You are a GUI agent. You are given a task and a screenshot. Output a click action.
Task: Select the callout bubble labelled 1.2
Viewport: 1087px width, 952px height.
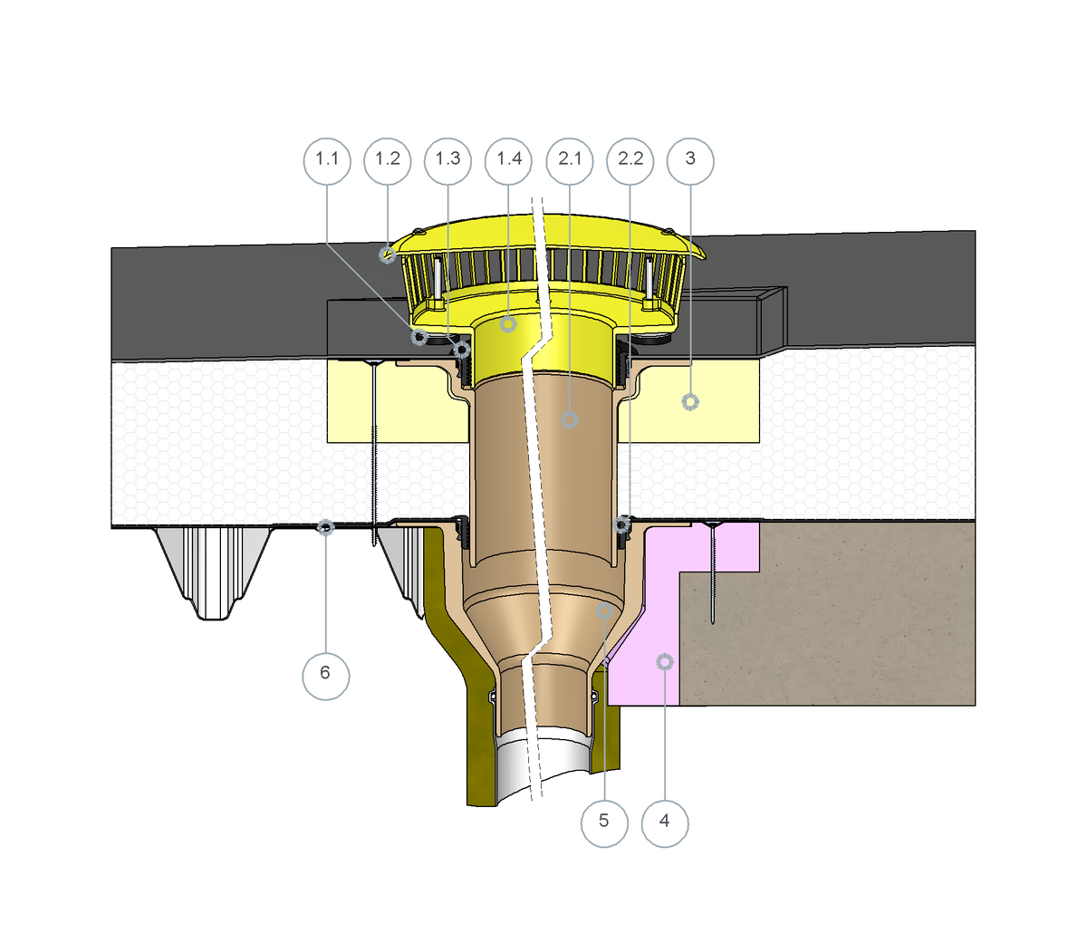[x=388, y=161]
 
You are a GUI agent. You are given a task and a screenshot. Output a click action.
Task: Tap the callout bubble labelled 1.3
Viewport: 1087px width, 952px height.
[x=447, y=161]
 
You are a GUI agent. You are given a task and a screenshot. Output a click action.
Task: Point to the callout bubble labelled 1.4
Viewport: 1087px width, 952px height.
[x=508, y=161]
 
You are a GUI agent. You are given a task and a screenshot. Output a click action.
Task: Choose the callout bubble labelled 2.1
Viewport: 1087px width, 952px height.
[x=570, y=161]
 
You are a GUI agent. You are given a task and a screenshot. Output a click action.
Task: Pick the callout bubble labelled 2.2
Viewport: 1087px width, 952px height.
[x=630, y=161]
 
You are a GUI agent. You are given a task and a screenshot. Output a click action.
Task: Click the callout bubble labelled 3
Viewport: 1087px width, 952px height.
[x=690, y=161]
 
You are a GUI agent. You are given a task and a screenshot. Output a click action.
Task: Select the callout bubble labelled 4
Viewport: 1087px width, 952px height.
[x=665, y=823]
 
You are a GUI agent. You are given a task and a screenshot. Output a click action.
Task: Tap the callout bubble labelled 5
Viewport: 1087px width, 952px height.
[x=604, y=823]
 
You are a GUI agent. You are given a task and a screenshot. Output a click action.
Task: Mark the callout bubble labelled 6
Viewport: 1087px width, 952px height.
[x=326, y=677]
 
